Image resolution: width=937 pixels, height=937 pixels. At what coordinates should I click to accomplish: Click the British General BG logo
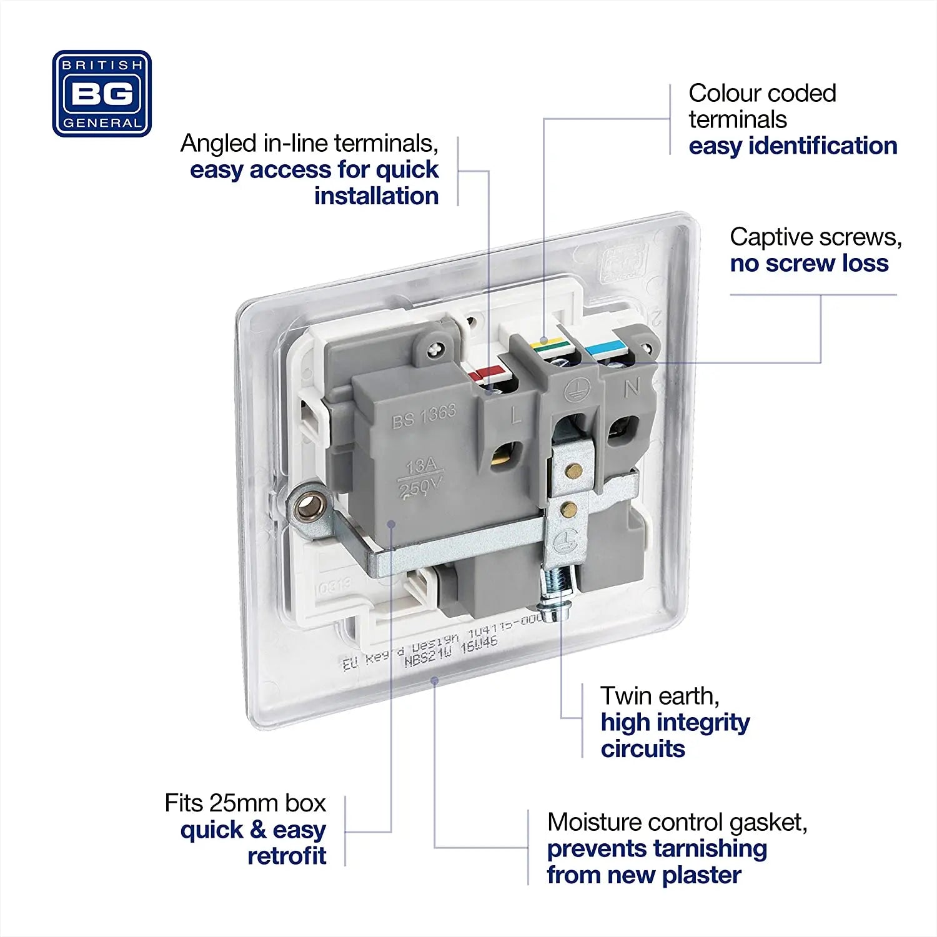click(x=102, y=94)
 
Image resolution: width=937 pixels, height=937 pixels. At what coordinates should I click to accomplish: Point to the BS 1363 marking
click(x=424, y=417)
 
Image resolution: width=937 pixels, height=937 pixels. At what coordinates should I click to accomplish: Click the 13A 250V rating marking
click(x=420, y=477)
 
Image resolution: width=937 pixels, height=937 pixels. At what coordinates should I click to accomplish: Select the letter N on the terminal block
click(x=632, y=388)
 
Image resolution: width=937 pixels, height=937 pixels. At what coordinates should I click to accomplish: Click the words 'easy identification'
click(x=793, y=146)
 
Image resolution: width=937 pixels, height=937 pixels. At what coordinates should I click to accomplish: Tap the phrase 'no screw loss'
click(x=809, y=263)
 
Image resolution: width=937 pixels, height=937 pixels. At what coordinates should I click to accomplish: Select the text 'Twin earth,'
click(x=660, y=695)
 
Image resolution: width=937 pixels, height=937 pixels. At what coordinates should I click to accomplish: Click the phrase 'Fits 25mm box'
click(x=245, y=803)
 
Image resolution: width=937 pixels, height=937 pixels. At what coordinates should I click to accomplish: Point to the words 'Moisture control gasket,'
click(x=677, y=822)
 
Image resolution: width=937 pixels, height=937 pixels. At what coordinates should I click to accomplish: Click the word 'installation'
click(x=376, y=196)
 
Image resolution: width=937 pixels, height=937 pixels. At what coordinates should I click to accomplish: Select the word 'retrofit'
click(x=287, y=856)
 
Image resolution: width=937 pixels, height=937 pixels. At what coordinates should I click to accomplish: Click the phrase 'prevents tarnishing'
click(x=657, y=848)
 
